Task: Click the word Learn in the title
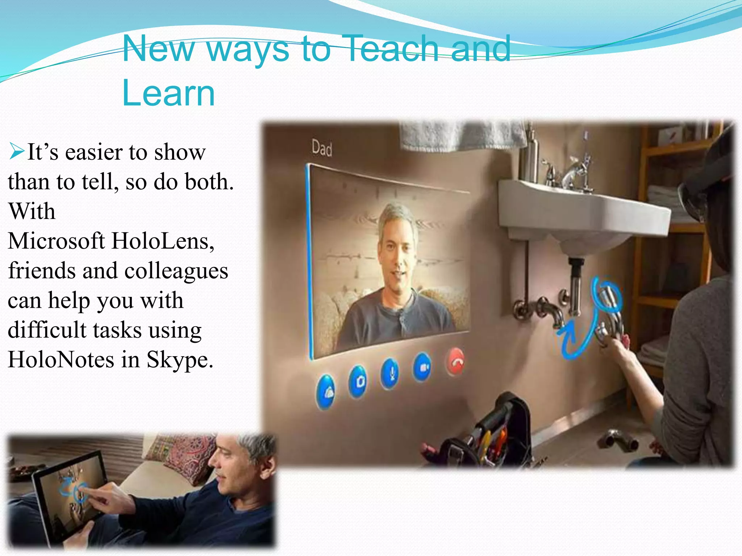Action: tap(169, 93)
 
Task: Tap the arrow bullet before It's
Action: tap(16, 152)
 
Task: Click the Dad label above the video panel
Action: tap(322, 148)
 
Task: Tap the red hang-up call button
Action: tap(455, 361)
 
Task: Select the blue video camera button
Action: tap(422, 367)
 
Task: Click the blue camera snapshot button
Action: tap(358, 381)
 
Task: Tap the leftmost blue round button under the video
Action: tap(325, 391)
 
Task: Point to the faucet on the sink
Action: tap(572, 170)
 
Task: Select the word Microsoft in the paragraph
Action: tap(57, 241)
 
